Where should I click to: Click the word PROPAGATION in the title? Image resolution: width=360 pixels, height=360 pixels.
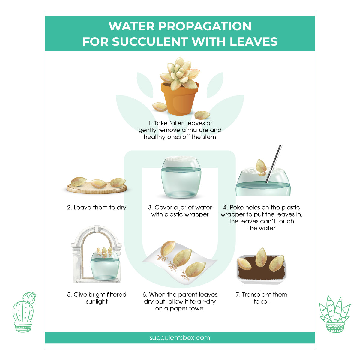coord(205,26)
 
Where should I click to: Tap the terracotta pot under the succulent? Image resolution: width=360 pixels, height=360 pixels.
coord(179,99)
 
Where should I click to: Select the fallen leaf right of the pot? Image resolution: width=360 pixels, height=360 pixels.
coord(202,115)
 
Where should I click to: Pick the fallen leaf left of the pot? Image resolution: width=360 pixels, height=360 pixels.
coord(160,106)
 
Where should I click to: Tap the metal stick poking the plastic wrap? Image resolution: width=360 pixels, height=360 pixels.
coord(274,163)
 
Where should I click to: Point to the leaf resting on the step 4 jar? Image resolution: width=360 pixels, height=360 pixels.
coord(261,167)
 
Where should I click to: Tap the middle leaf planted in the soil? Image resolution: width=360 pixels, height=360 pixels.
coord(261,257)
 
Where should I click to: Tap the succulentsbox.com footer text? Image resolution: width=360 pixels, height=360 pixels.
coord(180,338)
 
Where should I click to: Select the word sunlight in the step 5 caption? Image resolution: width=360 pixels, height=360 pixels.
coord(97,302)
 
